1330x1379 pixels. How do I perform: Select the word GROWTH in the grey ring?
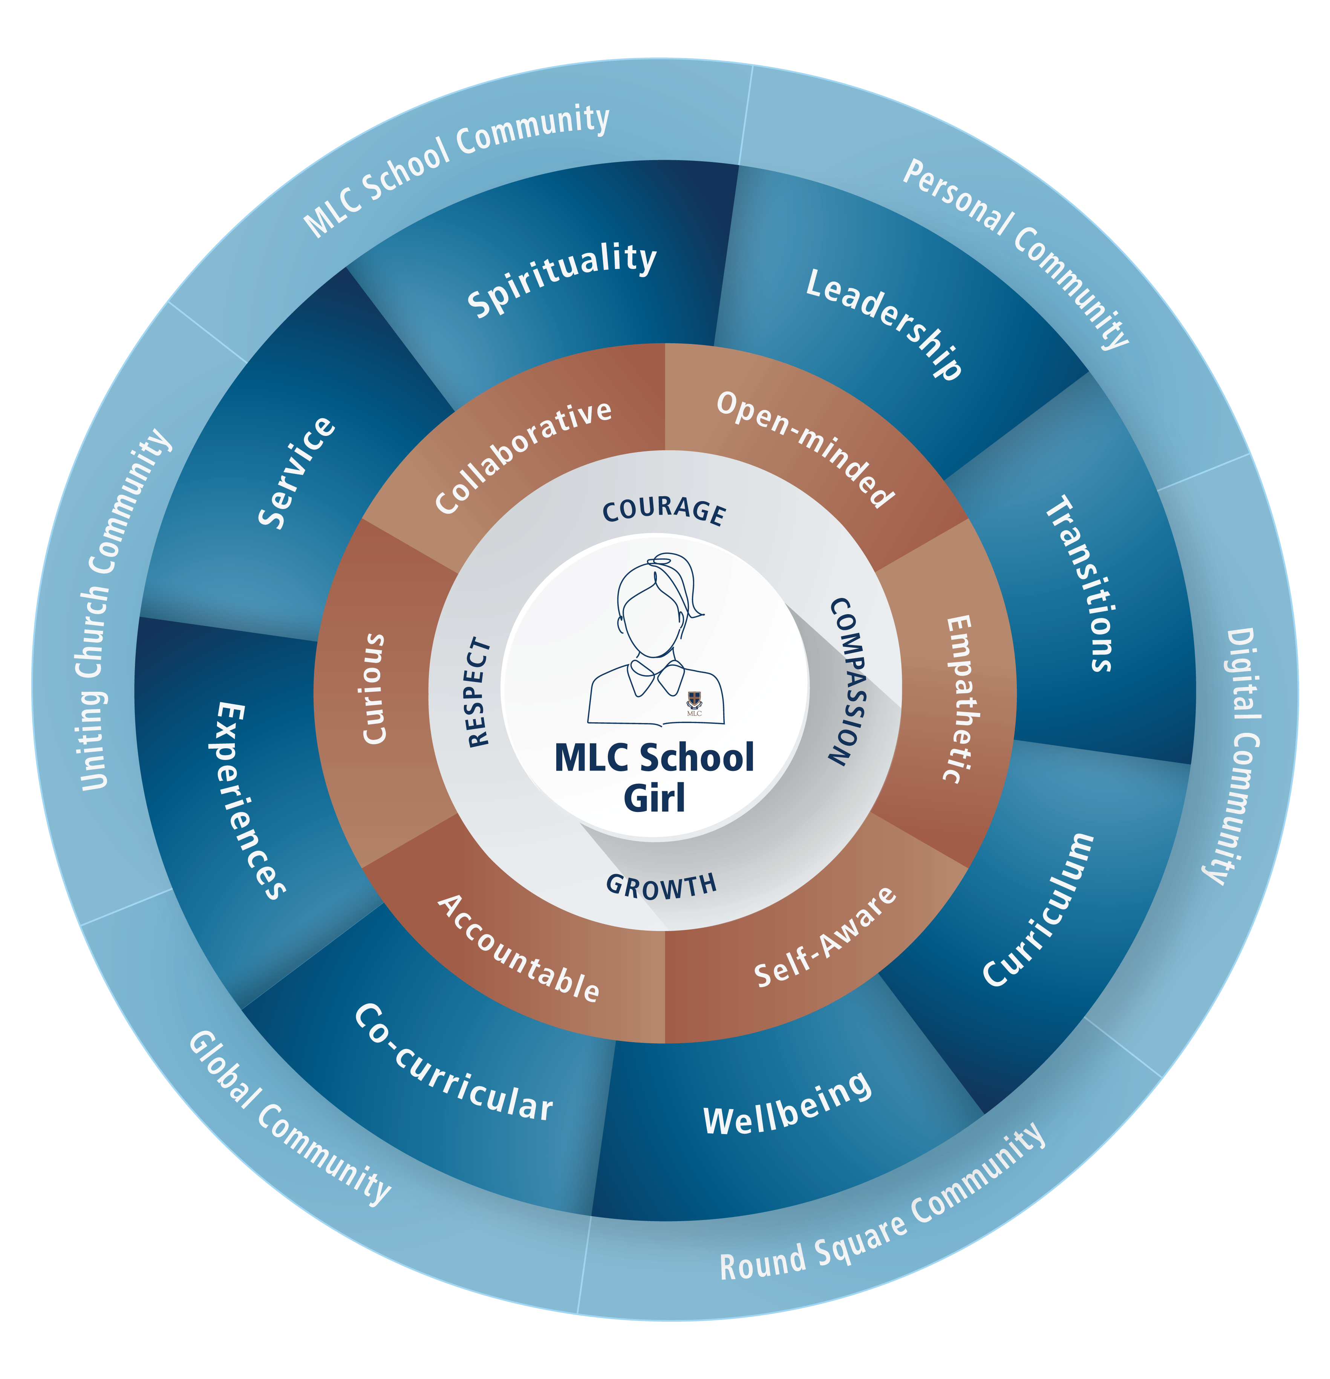(x=661, y=887)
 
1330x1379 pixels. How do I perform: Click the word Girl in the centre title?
(x=654, y=798)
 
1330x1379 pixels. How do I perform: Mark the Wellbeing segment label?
(x=787, y=1105)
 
